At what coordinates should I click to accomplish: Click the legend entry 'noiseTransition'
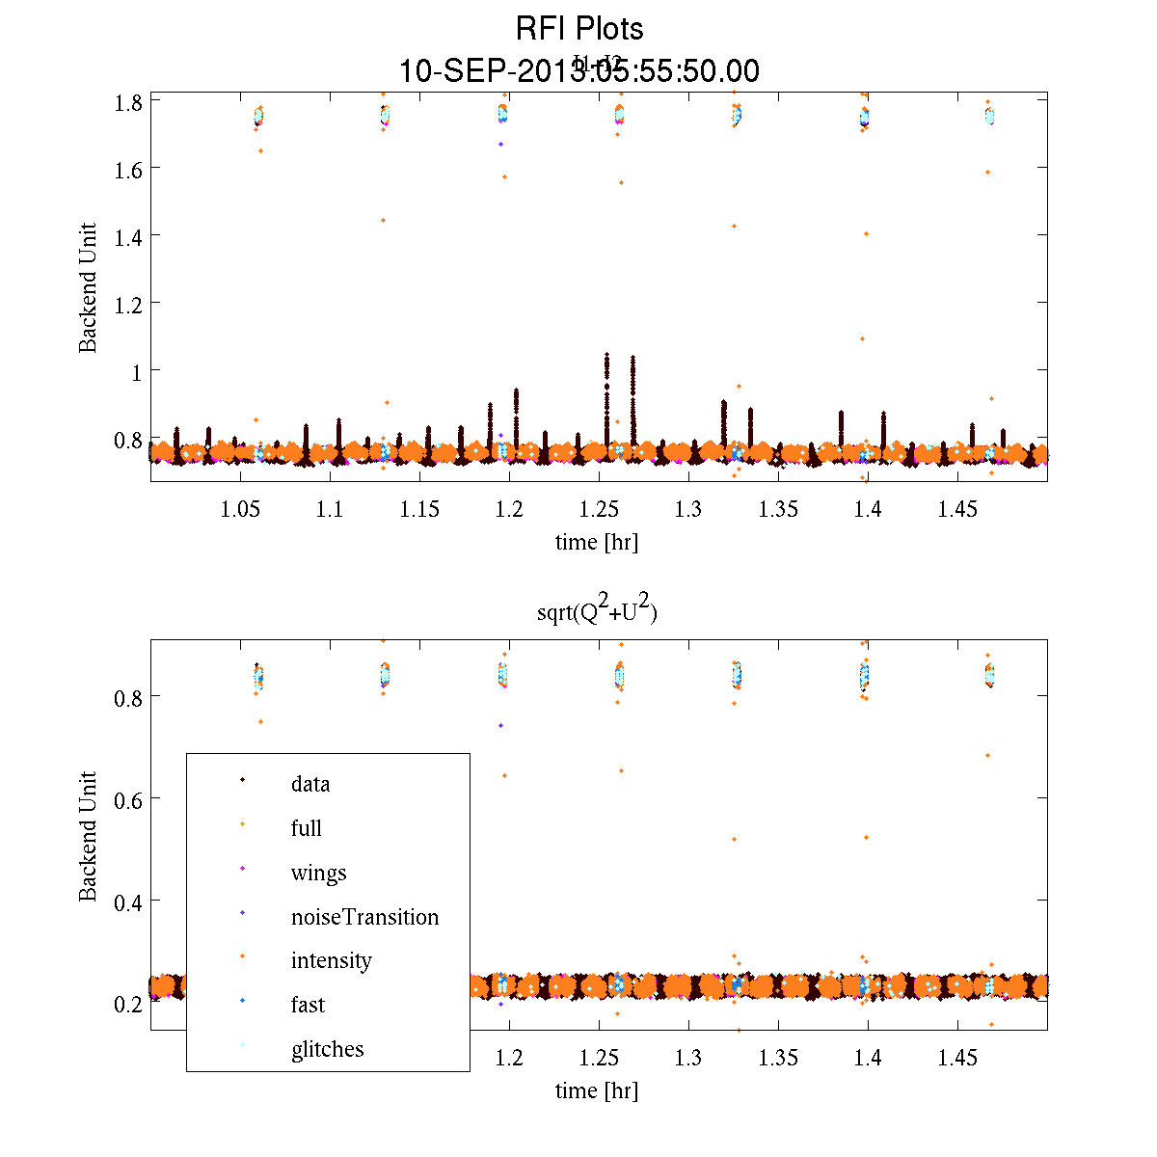pyautogui.click(x=364, y=917)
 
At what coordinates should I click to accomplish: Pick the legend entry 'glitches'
pyautogui.click(x=327, y=1049)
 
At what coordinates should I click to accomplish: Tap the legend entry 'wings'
pyautogui.click(x=318, y=874)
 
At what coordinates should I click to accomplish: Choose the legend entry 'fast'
pyautogui.click(x=308, y=1005)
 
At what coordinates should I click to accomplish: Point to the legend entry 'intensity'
pyautogui.click(x=331, y=960)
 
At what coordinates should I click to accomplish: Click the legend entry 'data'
pyautogui.click(x=309, y=784)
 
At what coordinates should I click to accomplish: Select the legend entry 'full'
pyautogui.click(x=306, y=828)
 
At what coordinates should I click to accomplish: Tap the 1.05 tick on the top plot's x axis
pyautogui.click(x=240, y=509)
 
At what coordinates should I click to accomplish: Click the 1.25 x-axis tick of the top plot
pyautogui.click(x=599, y=509)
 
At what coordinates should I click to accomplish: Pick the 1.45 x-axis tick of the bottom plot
pyautogui.click(x=957, y=1059)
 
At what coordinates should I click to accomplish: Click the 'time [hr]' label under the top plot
pyautogui.click(x=596, y=542)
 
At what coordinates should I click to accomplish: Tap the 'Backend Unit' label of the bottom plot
pyautogui.click(x=89, y=836)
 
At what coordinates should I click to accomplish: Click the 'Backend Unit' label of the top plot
pyautogui.click(x=89, y=287)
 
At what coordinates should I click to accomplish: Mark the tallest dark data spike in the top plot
pyautogui.click(x=606, y=356)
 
